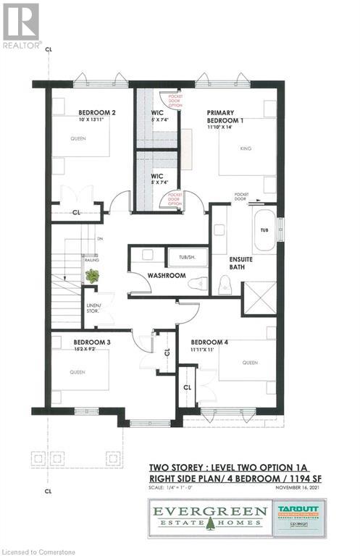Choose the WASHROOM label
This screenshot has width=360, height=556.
point(168,276)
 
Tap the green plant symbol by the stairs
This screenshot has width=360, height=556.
point(92,276)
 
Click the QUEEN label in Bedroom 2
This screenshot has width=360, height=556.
point(78,139)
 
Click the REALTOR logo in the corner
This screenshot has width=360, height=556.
point(21,25)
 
